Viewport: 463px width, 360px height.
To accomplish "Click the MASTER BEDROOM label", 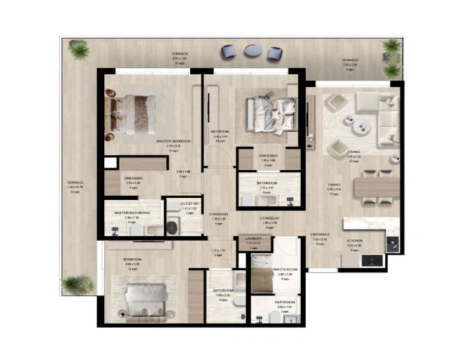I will point(173,141).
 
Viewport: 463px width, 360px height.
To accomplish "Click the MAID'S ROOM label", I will point(285,269).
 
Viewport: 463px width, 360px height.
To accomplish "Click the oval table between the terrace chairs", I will point(253,52).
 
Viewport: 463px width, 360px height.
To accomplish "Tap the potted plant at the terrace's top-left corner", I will point(79,49).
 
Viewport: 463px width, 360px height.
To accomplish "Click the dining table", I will point(377,187).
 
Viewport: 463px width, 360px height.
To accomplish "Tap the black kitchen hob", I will point(392,242).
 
